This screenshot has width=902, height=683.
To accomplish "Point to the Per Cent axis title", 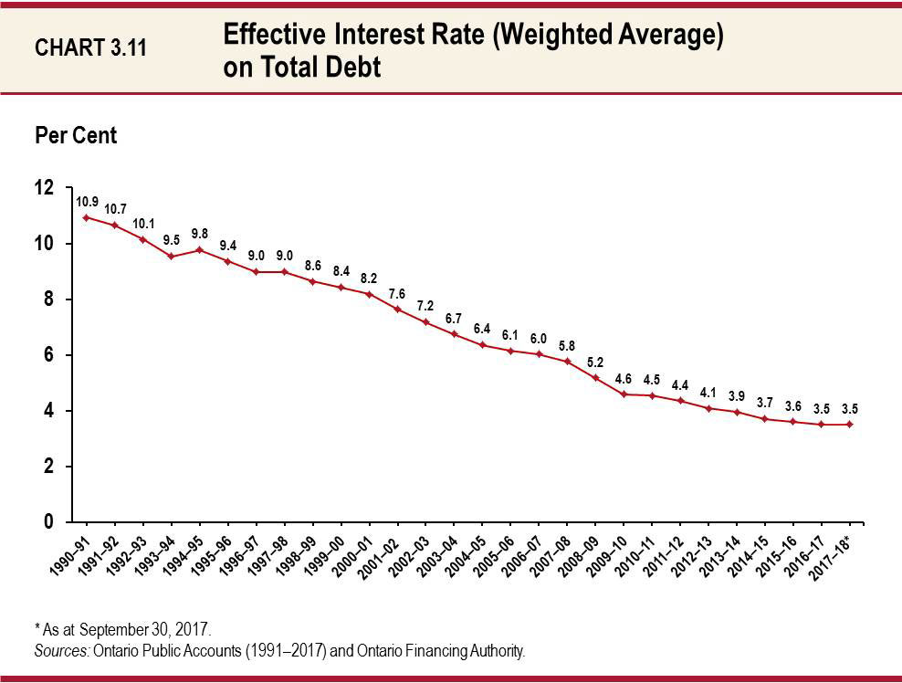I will click(x=76, y=135).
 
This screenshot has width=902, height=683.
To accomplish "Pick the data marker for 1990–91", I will click(x=86, y=217).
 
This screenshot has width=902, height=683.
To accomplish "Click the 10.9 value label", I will click(x=88, y=200).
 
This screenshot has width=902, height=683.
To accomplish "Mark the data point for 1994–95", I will click(x=199, y=249).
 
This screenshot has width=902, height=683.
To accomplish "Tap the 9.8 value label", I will click(x=200, y=232).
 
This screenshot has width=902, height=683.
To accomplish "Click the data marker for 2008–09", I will click(x=595, y=377).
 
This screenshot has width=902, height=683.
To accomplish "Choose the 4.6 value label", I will click(x=624, y=377).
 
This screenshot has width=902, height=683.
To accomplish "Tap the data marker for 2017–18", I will click(x=850, y=424).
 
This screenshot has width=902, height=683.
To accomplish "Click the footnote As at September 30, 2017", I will click(x=122, y=629).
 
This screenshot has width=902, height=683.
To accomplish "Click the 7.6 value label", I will click(x=397, y=293).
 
